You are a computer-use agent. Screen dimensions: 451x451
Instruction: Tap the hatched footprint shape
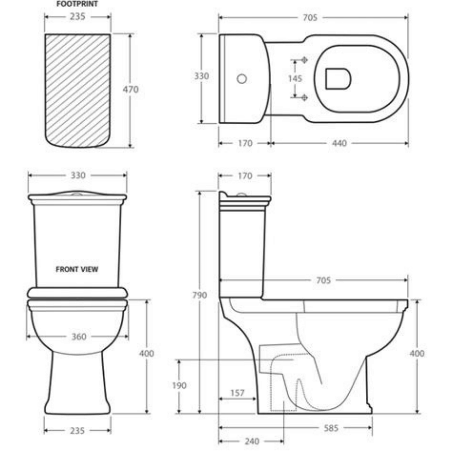(77, 90)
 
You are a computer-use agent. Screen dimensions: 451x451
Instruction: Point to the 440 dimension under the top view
(339, 143)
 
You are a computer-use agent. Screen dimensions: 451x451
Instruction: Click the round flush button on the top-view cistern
(242, 79)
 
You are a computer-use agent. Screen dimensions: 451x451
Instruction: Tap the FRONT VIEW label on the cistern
(77, 269)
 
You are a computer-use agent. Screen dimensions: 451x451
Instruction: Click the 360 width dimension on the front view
(77, 336)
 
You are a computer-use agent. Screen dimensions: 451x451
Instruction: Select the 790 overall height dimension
(200, 296)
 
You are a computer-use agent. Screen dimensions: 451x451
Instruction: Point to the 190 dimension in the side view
(179, 386)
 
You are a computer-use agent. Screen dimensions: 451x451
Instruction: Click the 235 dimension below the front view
(77, 430)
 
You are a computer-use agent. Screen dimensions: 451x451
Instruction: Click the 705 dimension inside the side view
(323, 281)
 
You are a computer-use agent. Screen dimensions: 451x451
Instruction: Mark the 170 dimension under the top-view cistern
(244, 143)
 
